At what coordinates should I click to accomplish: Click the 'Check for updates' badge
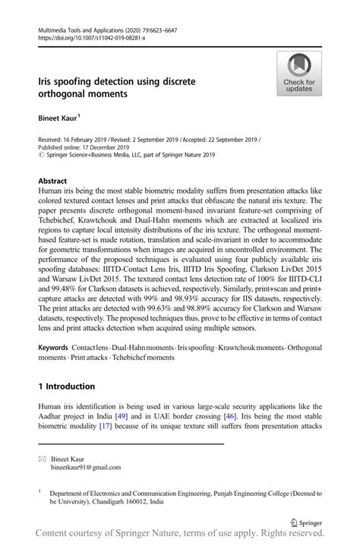point(298,74)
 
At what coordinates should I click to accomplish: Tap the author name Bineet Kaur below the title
point(58,119)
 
